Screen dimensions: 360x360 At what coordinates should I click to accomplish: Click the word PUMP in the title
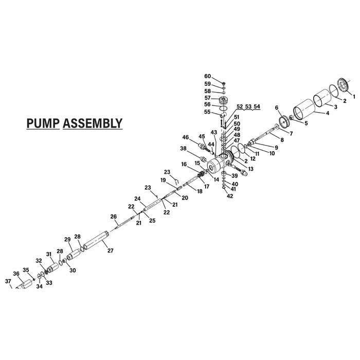click(x=43, y=123)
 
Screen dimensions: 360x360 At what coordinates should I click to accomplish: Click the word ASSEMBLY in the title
click(x=93, y=123)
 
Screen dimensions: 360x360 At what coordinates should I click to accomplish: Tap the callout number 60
click(x=208, y=76)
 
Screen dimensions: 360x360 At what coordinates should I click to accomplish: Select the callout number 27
click(x=111, y=250)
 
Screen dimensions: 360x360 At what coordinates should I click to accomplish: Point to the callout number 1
click(x=354, y=97)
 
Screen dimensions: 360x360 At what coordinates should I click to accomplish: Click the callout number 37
click(x=8, y=281)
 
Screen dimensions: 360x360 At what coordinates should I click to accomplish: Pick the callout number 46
click(x=186, y=137)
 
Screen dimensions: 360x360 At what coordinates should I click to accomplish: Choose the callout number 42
click(x=230, y=196)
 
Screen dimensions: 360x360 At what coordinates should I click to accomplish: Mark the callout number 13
click(x=251, y=169)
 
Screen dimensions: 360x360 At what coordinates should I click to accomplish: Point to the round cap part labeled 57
click(x=223, y=100)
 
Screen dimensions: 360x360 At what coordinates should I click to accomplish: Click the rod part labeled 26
click(x=124, y=222)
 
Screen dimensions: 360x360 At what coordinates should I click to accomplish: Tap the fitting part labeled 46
click(x=205, y=147)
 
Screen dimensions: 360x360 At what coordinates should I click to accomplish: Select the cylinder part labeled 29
click(x=74, y=255)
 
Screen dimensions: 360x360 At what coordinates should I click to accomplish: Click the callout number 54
click(x=257, y=106)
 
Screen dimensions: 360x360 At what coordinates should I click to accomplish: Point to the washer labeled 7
click(x=276, y=126)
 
